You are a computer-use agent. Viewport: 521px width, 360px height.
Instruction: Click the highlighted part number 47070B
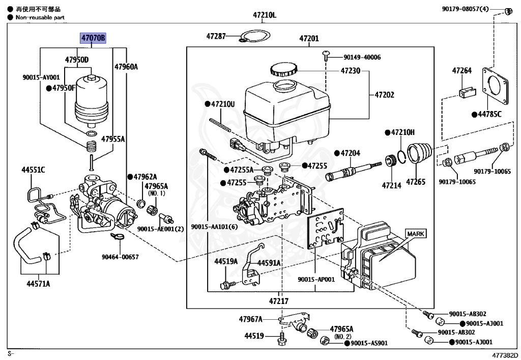coord(92,38)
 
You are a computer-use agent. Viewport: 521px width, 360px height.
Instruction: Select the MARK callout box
coord(416,234)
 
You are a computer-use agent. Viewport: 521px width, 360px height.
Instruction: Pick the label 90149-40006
coord(362,57)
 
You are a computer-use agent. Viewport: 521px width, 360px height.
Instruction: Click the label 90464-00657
coord(121,257)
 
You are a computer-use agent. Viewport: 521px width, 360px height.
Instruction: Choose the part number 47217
coord(279,301)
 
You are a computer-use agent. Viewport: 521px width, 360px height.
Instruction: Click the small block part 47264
coord(465,93)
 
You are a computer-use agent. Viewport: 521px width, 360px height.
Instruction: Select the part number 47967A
coord(251,319)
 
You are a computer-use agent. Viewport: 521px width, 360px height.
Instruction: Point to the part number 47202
coord(385,95)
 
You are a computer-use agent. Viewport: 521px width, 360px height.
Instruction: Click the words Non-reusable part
coord(40,17)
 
